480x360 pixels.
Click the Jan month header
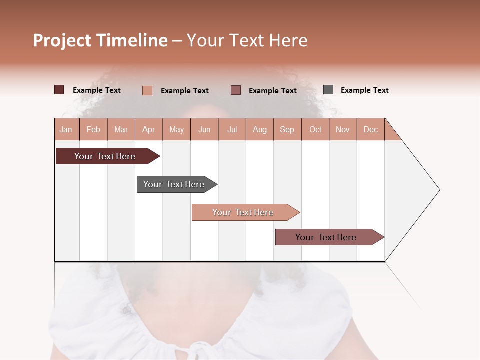click(x=66, y=129)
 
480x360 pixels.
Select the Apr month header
click(x=149, y=129)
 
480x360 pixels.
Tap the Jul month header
click(x=232, y=129)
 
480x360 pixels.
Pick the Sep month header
click(x=287, y=129)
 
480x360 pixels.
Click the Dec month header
click(x=370, y=129)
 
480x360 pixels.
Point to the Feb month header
click(x=93, y=129)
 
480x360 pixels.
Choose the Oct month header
click(x=315, y=129)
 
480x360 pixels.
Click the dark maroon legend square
click(x=59, y=90)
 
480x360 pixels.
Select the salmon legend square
click(x=147, y=90)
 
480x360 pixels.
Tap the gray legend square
click(x=328, y=90)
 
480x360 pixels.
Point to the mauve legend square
click(x=236, y=90)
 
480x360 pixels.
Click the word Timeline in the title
click(x=132, y=40)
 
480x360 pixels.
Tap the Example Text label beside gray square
click(x=364, y=90)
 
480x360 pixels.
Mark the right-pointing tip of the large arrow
click(x=439, y=190)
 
